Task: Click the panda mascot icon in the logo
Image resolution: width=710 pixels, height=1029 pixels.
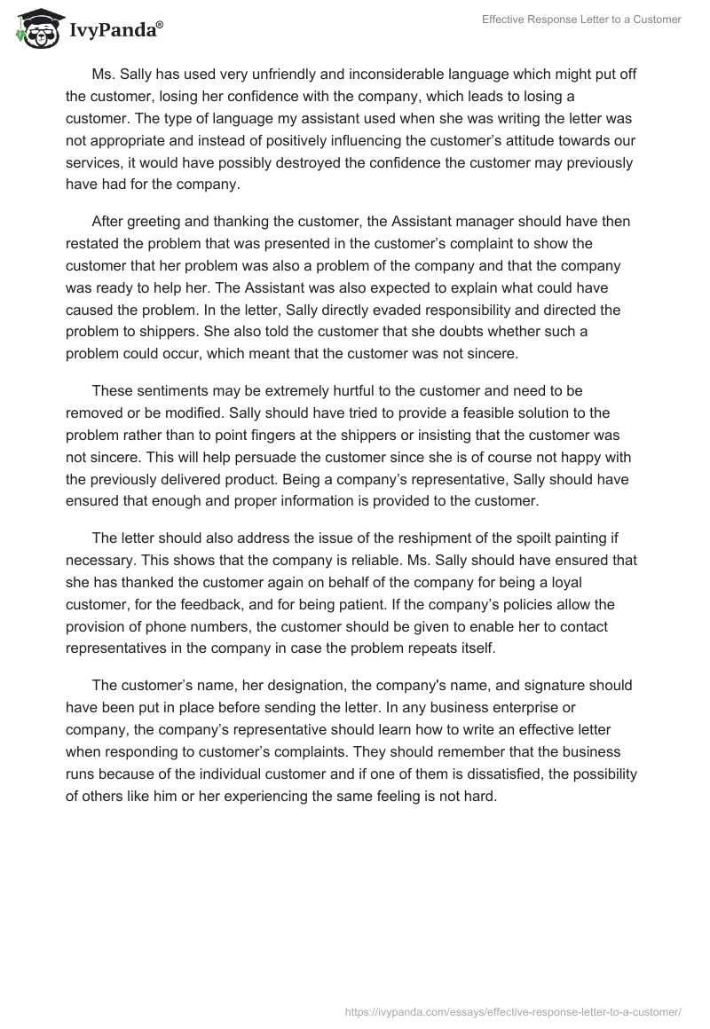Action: pos(35,29)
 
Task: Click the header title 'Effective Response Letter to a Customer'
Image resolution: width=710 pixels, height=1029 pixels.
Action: pos(581,20)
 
